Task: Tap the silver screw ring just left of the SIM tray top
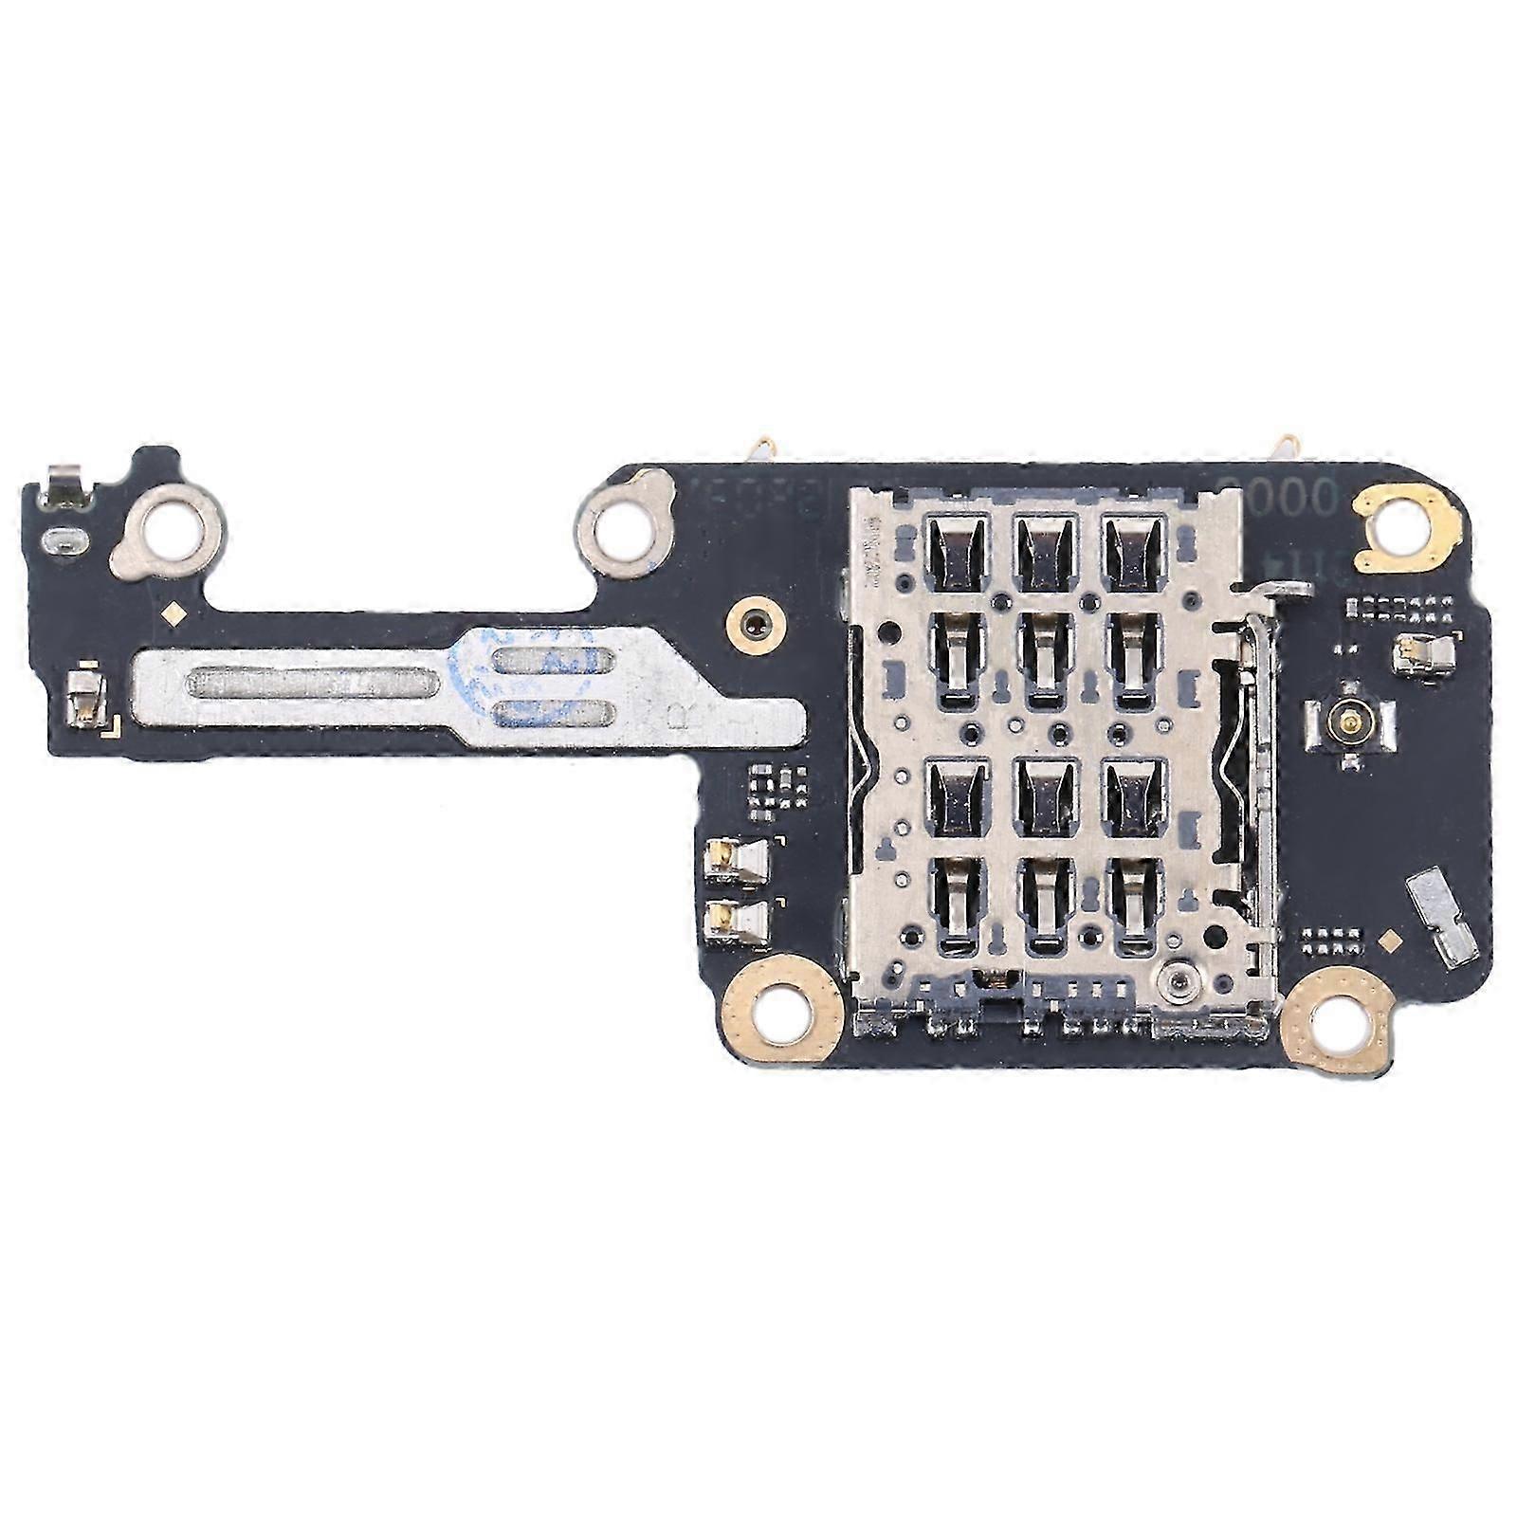[626, 521]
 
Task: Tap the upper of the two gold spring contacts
[737, 857]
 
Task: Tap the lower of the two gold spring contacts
[737, 916]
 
